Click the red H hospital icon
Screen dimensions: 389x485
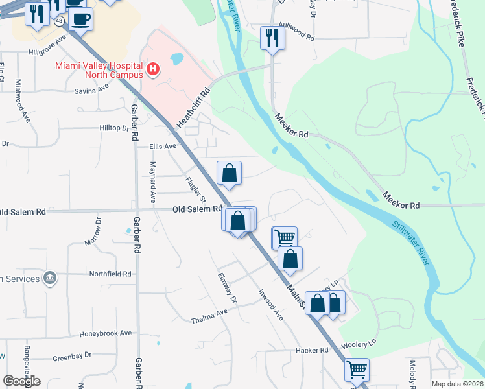pyautogui.click(x=153, y=69)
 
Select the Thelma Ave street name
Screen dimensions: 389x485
pyautogui.click(x=209, y=317)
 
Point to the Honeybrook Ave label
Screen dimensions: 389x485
pyautogui.click(x=105, y=333)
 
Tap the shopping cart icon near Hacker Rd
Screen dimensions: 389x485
pyautogui.click(x=357, y=370)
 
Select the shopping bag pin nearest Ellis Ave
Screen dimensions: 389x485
pyautogui.click(x=229, y=173)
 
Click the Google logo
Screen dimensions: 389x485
pyautogui.click(x=21, y=381)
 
